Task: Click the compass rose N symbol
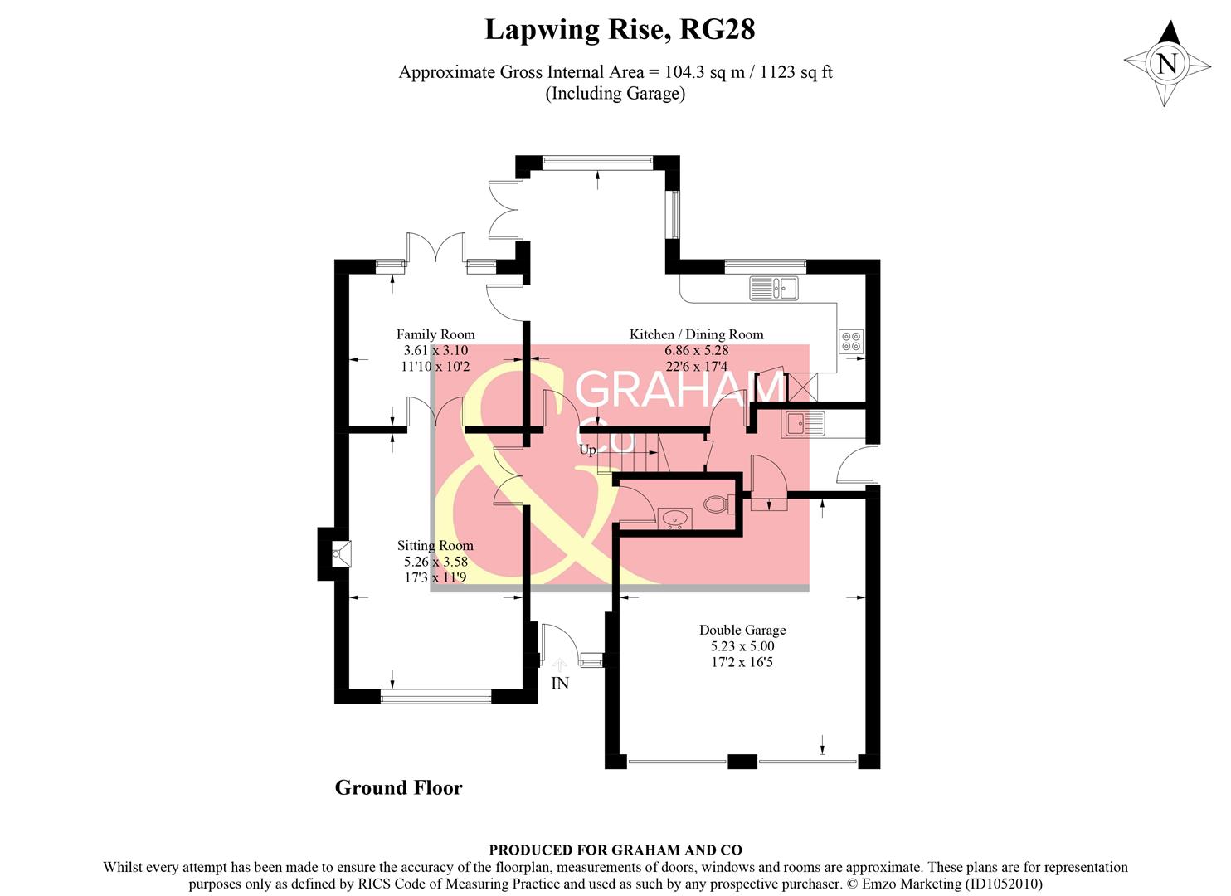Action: click(1167, 63)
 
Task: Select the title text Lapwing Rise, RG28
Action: click(619, 30)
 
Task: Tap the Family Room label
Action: click(435, 334)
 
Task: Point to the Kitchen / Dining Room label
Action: click(696, 334)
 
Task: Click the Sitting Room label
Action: click(435, 545)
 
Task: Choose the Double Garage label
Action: click(742, 630)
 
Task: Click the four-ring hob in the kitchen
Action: click(851, 341)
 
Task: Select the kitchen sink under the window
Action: click(773, 288)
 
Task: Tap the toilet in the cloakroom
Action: click(716, 504)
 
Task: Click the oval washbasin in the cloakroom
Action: click(674, 519)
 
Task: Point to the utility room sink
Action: click(802, 424)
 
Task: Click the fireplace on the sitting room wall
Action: click(339, 554)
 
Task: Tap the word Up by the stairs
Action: click(587, 450)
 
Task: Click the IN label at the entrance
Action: click(560, 684)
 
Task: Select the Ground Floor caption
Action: click(398, 787)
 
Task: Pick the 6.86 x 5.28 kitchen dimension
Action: click(696, 350)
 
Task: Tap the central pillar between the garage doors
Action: click(742, 761)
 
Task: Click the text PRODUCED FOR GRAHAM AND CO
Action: click(615, 850)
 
